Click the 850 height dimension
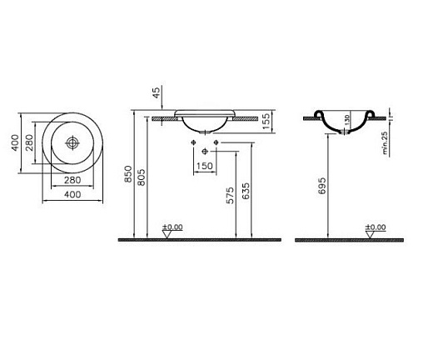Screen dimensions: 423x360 point(128,174)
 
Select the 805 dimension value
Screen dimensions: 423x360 point(141,177)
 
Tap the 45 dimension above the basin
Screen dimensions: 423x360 point(157,92)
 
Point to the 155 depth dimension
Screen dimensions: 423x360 point(266,121)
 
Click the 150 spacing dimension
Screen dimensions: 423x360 point(205,166)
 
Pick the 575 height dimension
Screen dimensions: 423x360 point(230,196)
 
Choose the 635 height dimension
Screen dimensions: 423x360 point(246,191)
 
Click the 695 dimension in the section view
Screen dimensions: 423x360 point(321,186)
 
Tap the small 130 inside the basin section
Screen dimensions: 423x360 point(347,120)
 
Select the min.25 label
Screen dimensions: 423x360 point(385,142)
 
